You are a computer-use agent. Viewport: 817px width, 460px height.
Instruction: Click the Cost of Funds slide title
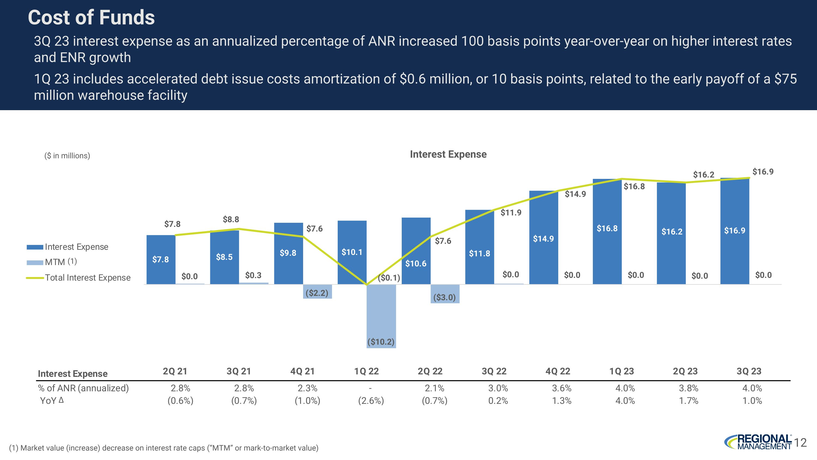coord(91,17)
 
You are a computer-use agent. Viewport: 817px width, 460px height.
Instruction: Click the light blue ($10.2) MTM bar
coord(381,317)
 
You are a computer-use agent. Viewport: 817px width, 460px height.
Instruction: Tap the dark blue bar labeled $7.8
coord(161,259)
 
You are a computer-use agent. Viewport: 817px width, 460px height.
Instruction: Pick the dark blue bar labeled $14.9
coord(543,238)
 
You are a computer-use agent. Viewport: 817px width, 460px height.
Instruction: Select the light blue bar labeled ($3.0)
coord(445,294)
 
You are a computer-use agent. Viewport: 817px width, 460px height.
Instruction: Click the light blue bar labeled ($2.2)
coord(317,291)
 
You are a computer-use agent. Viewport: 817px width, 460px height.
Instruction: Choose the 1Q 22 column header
coord(366,371)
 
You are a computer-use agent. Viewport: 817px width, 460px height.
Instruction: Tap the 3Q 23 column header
coord(749,371)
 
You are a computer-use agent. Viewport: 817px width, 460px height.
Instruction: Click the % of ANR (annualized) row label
coord(83,388)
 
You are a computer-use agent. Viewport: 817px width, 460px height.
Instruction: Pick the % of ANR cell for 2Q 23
coord(688,388)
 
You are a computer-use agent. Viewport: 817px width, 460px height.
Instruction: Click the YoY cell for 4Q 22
coord(561,401)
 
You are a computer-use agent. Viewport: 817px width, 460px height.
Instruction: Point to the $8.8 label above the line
coord(231,219)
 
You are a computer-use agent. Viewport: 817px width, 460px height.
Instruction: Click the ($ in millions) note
coord(67,155)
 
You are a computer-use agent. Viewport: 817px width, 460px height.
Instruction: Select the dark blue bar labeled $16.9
coord(734,231)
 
